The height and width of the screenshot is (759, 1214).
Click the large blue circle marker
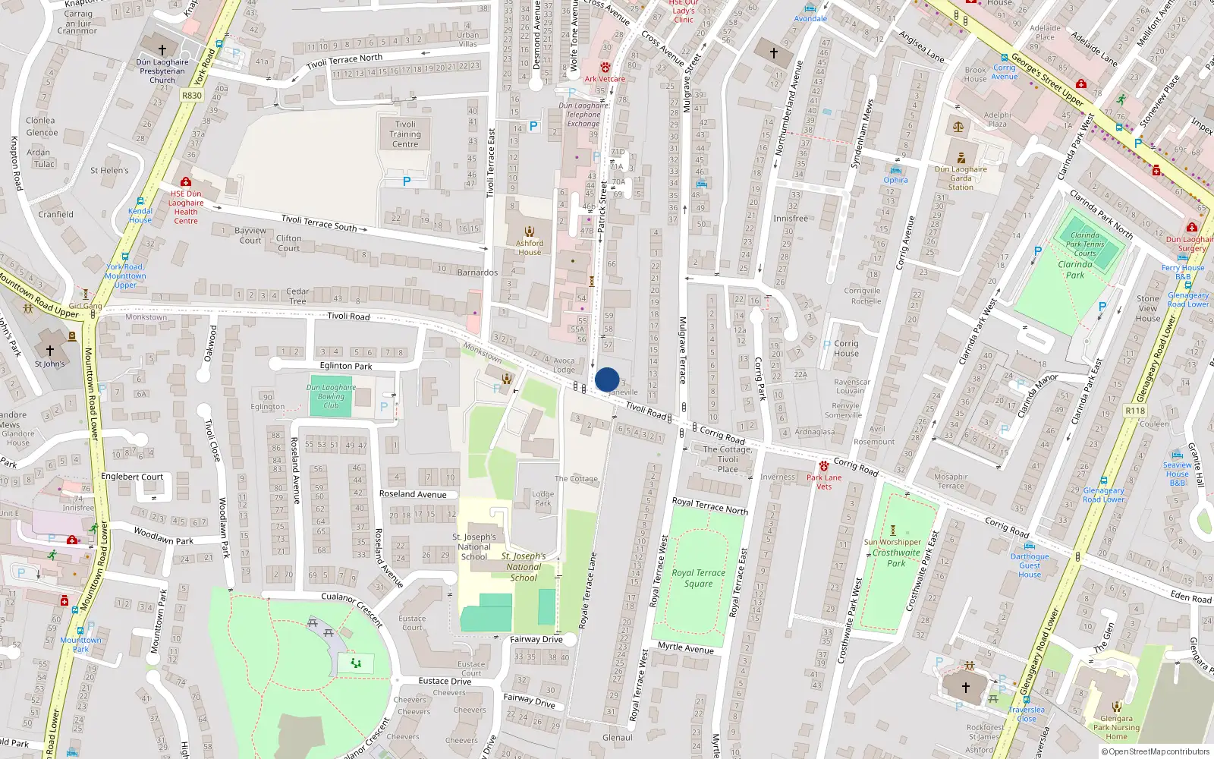click(x=607, y=379)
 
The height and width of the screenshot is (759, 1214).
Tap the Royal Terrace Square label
click(x=698, y=578)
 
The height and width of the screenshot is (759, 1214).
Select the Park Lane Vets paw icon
click(x=824, y=465)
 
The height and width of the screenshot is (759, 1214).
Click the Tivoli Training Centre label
click(x=405, y=134)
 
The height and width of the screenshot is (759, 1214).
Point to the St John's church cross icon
click(x=50, y=351)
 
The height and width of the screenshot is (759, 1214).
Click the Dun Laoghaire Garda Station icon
click(x=961, y=158)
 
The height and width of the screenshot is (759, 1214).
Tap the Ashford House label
click(x=530, y=247)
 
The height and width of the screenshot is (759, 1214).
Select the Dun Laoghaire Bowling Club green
click(x=331, y=396)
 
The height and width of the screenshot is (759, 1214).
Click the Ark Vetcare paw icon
click(x=605, y=68)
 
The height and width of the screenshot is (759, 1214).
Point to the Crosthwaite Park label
click(x=896, y=558)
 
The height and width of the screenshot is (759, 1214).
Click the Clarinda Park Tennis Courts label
click(x=1085, y=244)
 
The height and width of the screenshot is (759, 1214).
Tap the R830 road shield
click(x=192, y=96)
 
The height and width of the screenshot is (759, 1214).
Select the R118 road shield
click(x=1135, y=411)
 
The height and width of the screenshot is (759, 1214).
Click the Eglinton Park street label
click(x=346, y=366)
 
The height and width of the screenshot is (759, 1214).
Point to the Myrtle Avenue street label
click(x=686, y=647)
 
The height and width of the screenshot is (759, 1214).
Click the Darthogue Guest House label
click(x=1030, y=565)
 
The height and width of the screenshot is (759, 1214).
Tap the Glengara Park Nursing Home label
click(x=1116, y=727)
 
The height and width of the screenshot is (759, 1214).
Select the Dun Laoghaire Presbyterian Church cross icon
click(x=162, y=49)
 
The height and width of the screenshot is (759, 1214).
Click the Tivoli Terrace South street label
click(x=319, y=222)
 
